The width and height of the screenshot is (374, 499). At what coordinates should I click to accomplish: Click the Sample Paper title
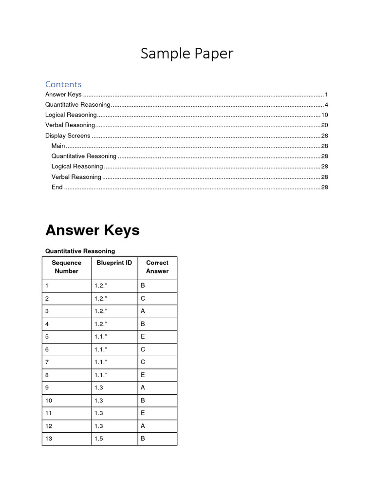click(187, 54)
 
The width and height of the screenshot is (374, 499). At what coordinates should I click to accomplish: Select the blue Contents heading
click(63, 84)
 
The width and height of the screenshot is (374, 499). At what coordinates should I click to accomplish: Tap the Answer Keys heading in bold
click(92, 230)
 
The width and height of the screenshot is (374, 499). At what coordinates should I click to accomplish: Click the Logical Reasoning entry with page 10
click(71, 115)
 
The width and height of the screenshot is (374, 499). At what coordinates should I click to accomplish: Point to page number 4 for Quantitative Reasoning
click(326, 105)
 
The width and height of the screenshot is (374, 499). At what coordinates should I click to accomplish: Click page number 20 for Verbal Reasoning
click(324, 125)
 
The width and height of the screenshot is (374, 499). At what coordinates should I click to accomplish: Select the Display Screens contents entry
click(68, 135)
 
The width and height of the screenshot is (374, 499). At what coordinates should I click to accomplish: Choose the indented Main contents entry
click(58, 146)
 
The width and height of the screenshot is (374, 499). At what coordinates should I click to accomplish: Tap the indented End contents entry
click(57, 187)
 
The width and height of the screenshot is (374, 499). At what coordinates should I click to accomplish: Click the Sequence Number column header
click(67, 267)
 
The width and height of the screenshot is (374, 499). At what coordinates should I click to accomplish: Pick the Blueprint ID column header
click(114, 263)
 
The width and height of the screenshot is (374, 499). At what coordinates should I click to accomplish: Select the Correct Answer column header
click(157, 267)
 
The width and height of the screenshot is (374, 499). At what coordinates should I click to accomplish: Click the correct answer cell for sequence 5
click(143, 336)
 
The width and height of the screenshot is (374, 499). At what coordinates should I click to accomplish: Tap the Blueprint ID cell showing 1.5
click(99, 439)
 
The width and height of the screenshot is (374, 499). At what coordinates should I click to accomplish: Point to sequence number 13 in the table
click(49, 439)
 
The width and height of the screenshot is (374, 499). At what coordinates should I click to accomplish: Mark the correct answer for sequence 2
click(143, 298)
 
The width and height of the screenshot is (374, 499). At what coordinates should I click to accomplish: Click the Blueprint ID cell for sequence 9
click(99, 387)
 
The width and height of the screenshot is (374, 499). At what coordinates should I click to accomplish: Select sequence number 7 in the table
click(47, 362)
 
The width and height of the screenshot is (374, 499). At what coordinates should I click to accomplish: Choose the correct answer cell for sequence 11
click(143, 413)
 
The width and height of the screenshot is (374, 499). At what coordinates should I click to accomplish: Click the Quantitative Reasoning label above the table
click(80, 251)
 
